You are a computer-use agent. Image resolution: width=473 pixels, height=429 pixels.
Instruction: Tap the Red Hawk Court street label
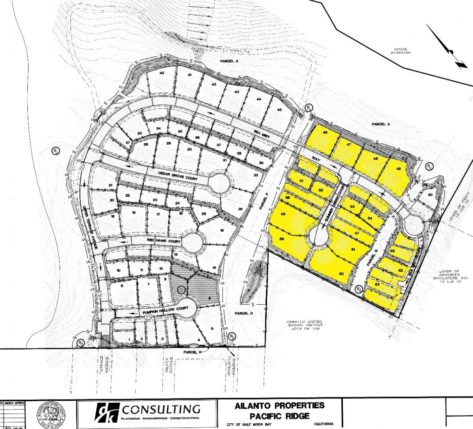click(164, 242)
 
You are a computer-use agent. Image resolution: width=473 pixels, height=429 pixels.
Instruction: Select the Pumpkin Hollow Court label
click(165, 309)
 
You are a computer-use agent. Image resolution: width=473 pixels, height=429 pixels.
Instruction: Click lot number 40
click(162, 73)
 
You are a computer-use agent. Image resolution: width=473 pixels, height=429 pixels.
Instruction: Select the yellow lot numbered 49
click(398, 169)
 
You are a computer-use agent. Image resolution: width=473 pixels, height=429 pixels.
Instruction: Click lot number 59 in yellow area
click(282, 239)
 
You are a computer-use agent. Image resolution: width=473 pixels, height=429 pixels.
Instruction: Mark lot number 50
click(430, 195)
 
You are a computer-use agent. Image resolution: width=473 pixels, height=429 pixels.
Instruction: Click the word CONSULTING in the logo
click(161, 409)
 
